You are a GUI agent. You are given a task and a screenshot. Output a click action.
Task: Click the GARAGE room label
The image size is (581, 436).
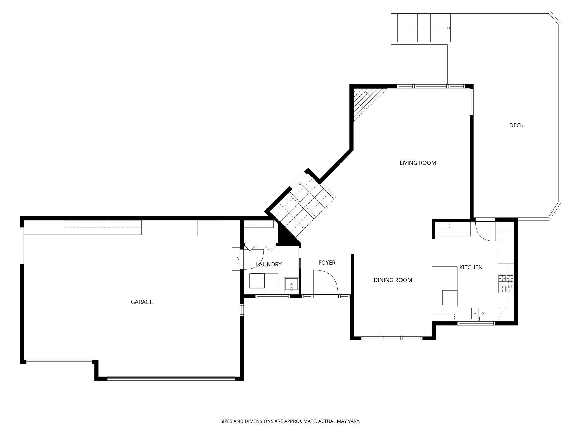[142, 302]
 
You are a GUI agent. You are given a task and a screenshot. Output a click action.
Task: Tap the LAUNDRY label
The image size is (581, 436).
[269, 264]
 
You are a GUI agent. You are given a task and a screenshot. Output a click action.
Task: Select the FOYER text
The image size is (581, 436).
[327, 263]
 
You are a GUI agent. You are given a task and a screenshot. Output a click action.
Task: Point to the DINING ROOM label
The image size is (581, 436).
[393, 280]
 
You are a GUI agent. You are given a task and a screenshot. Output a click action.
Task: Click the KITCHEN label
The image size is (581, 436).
[471, 267]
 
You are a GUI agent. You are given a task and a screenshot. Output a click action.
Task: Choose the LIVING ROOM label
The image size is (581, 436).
[418, 163]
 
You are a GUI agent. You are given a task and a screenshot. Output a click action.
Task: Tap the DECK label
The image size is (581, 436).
[516, 125]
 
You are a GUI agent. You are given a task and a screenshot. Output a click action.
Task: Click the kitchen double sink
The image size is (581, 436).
[479, 313]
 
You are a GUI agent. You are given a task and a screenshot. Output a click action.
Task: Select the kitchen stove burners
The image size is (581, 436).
[506, 284]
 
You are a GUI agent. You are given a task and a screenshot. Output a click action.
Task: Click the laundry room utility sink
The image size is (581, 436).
[291, 284]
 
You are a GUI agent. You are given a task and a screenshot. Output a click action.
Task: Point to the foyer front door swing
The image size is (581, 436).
[326, 282]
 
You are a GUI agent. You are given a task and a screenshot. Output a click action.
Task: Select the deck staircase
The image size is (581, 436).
[420, 28]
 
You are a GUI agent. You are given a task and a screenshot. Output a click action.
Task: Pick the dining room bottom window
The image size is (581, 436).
[392, 338]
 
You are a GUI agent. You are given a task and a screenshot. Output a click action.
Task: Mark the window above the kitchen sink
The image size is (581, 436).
[476, 324]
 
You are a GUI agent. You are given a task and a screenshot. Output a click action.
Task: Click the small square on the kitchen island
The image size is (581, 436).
[450, 298]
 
